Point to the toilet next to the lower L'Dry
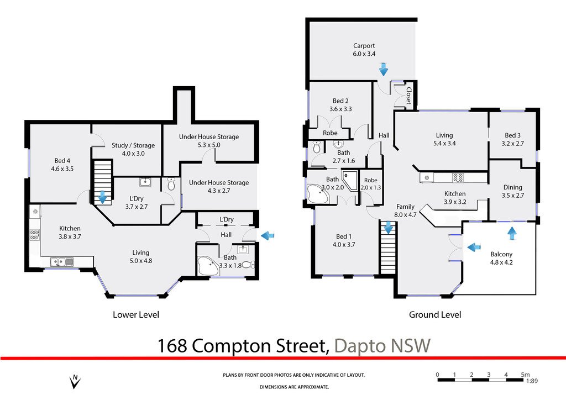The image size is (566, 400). click(x=171, y=184)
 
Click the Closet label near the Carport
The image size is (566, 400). click(x=408, y=95)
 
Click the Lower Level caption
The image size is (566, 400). click(x=136, y=315)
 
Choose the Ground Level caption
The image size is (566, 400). click(x=434, y=315)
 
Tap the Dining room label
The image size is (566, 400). click(x=512, y=187)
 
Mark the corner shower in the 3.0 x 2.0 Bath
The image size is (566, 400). click(x=350, y=181)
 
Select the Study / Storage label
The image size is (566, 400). click(x=133, y=145)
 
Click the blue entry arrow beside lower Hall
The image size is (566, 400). click(x=268, y=236)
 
